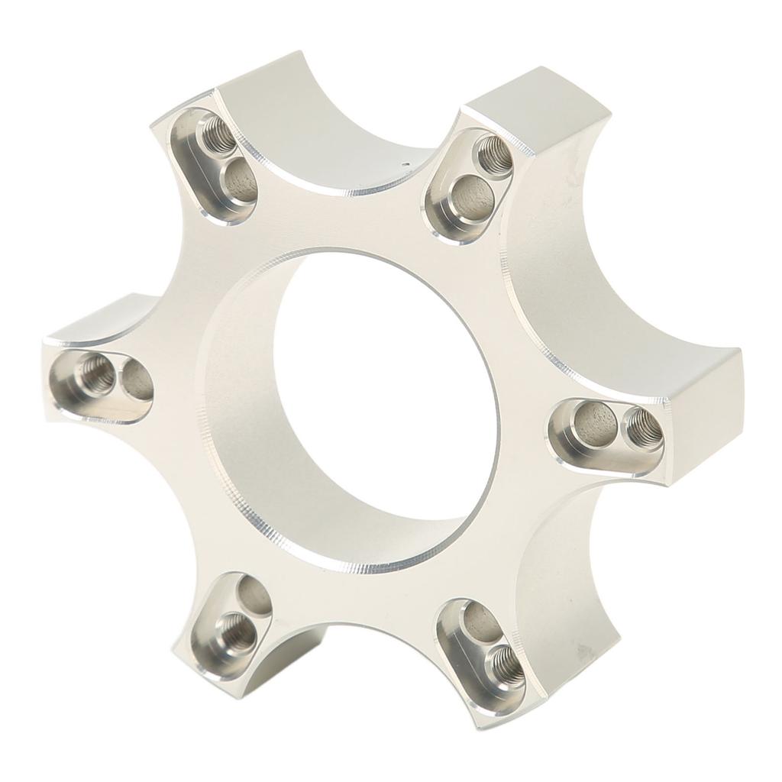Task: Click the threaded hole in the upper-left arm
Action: point(214,136)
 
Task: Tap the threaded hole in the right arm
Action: point(643,428)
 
